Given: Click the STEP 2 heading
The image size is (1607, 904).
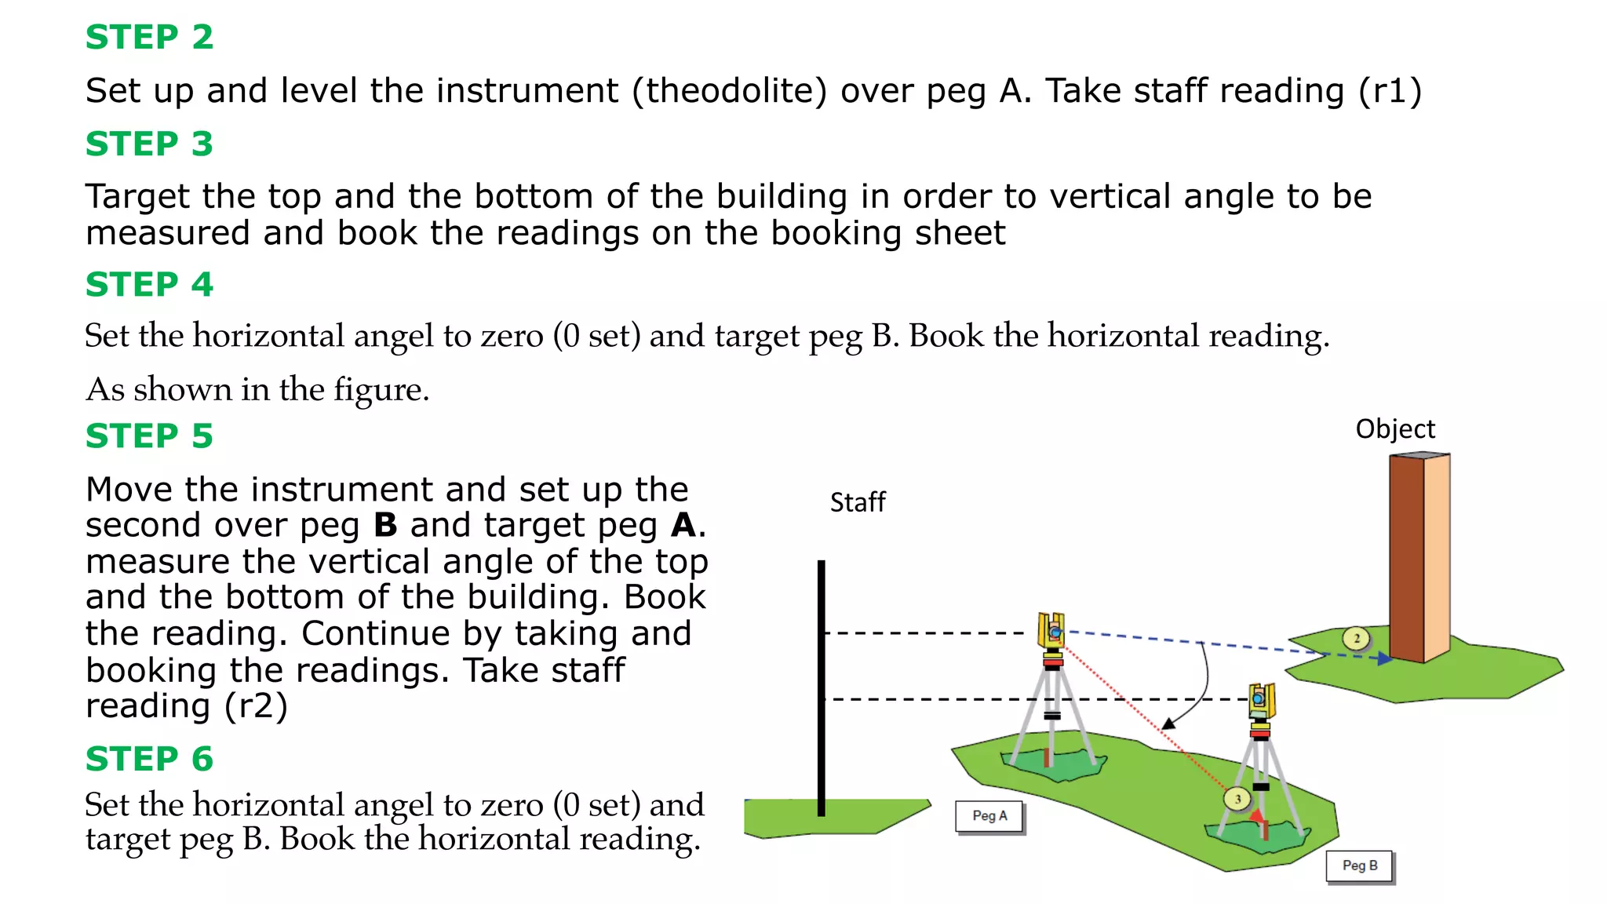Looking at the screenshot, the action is pos(149,38).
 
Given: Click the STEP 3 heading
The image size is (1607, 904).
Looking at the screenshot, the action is pos(149,144).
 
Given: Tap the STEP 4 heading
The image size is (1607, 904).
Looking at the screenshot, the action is pos(149,285).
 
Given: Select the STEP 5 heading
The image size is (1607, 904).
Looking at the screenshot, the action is pos(149,436).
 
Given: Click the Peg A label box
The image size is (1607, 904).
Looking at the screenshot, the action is pos(989,816).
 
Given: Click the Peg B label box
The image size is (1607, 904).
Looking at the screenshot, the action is pos(1360,866).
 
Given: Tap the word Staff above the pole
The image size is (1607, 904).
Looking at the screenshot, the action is pos(858,502).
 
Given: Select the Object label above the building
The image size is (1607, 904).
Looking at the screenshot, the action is pos(1395,429).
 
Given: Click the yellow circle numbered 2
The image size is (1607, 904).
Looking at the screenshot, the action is pos(1357,639).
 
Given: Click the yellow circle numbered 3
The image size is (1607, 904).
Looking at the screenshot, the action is pos(1237,800).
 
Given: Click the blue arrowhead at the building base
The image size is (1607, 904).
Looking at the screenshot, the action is pos(1385,659).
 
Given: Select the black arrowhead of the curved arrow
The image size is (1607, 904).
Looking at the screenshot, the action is pos(1169,724).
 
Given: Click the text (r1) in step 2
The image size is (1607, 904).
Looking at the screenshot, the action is pos(1390,91).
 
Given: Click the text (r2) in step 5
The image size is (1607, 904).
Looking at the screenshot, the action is pos(256,706).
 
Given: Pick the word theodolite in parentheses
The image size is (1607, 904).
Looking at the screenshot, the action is pos(730,91).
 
